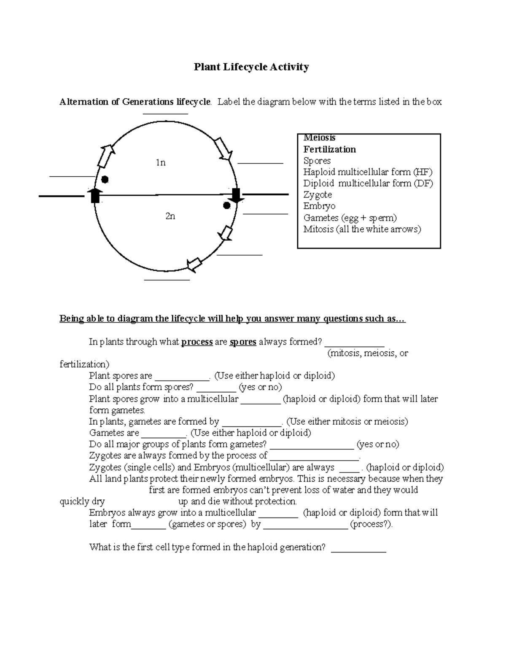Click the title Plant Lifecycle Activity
[x=251, y=67]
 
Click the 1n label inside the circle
[x=160, y=162]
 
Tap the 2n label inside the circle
[x=170, y=216]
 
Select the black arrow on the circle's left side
[x=95, y=196]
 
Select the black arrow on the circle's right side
[x=236, y=195]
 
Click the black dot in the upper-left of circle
[x=105, y=180]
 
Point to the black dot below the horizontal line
[x=226, y=206]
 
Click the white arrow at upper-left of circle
[x=105, y=156]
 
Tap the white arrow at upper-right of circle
[x=223, y=149]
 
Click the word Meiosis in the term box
[x=319, y=138]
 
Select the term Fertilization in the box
[x=329, y=149]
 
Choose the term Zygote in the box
[x=318, y=195]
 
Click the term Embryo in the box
[x=319, y=206]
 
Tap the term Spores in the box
[x=317, y=161]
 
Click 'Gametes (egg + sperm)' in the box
[x=350, y=218]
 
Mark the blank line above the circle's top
[x=165, y=113]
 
